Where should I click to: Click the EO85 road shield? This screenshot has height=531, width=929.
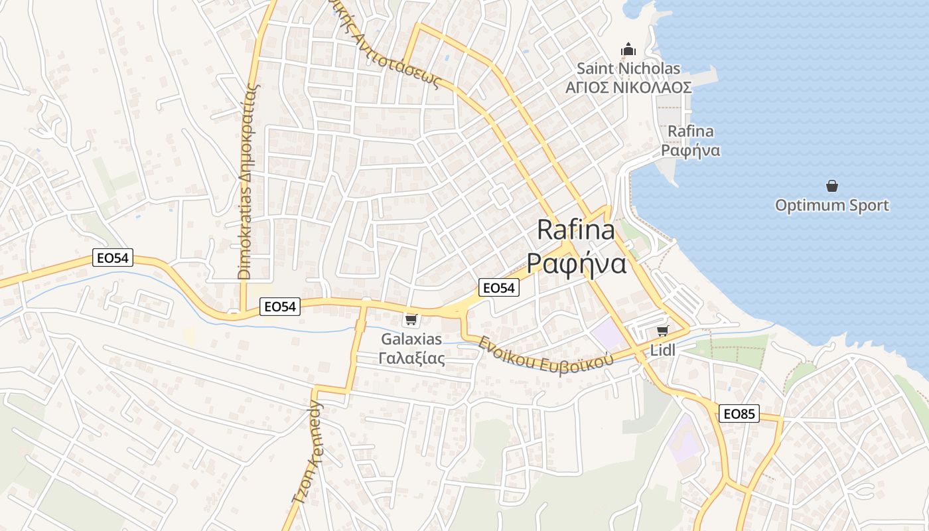pos(739,414)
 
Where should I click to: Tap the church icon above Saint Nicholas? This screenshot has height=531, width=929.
pos(628,49)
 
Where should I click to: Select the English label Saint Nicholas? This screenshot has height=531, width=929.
pos(628,68)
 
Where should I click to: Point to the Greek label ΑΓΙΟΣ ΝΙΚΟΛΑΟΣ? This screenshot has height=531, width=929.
pos(628,88)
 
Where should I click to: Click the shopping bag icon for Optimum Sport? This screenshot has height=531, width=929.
pos(831,186)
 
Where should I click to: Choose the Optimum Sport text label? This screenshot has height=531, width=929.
pos(831,205)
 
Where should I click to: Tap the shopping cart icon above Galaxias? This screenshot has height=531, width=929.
pos(411,320)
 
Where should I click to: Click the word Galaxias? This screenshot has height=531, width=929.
pos(411,339)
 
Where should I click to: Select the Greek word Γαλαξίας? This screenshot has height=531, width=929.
pos(411,358)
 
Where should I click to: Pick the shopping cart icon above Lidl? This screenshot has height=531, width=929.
pos(662,331)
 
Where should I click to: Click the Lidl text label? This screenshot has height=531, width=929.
pos(662,350)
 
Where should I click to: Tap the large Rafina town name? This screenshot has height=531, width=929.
pos(576,230)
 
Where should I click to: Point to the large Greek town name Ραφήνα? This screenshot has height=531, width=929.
pos(577,264)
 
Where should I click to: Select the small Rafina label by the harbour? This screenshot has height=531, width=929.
pos(691,131)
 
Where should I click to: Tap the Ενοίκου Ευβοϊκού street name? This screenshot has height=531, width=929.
pos(545,355)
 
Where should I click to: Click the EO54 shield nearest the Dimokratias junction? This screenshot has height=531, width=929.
pos(279,306)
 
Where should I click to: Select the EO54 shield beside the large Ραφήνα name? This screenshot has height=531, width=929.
pos(498,287)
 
